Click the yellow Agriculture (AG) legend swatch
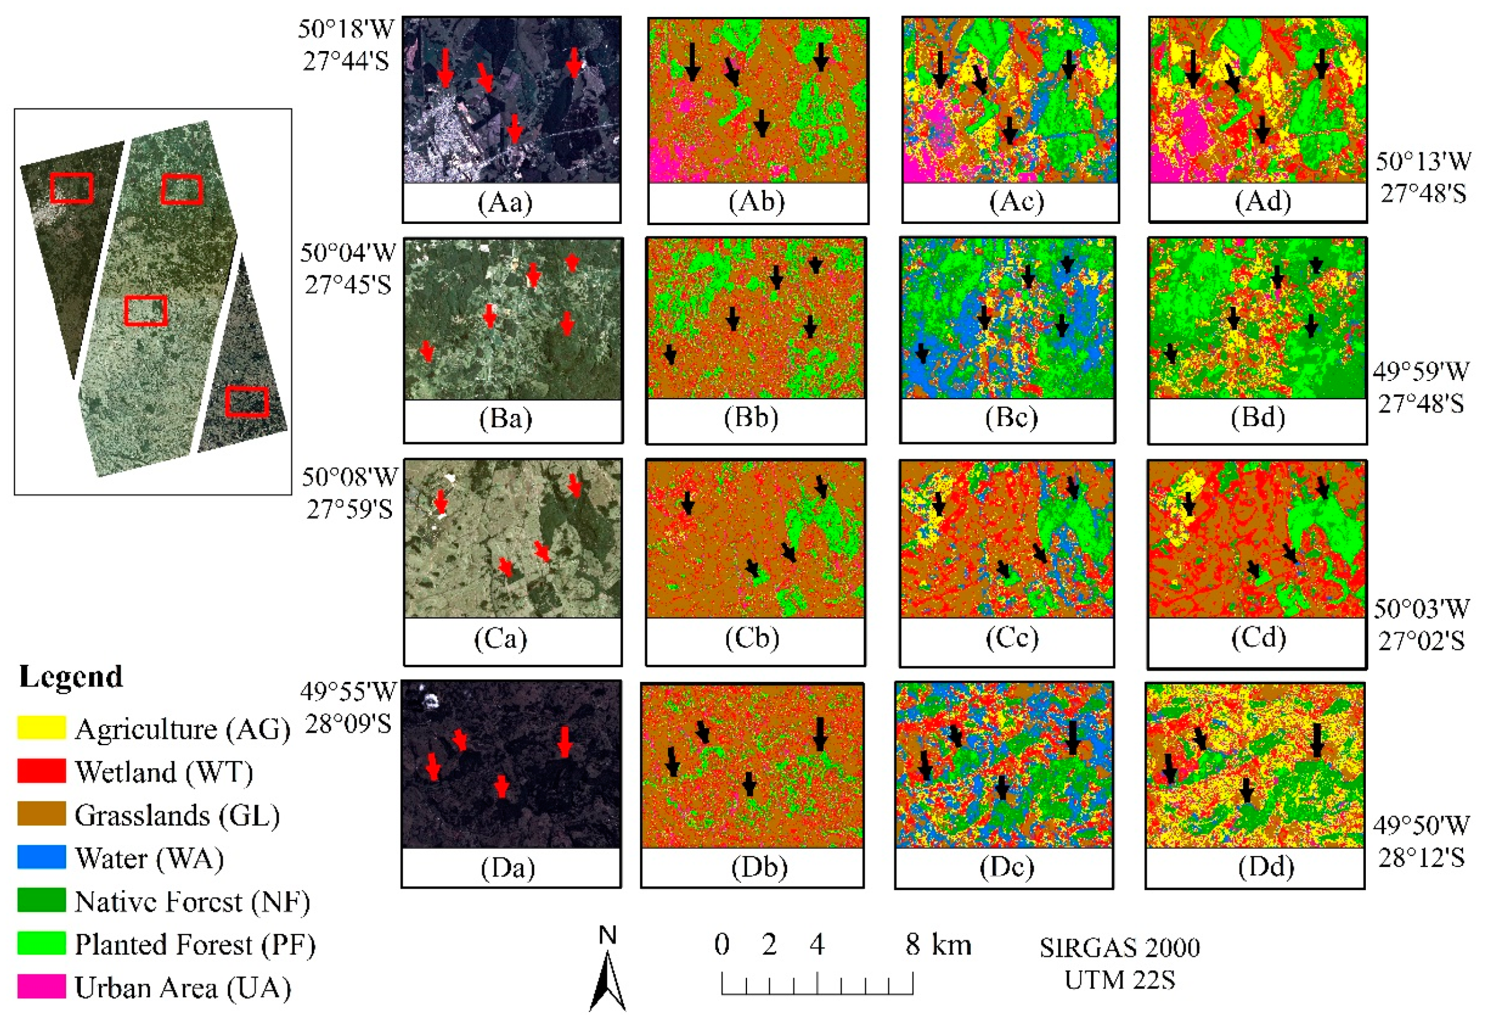tap(41, 728)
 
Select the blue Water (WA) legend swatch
tap(41, 857)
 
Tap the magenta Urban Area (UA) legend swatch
tap(41, 987)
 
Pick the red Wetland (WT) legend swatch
tap(41, 771)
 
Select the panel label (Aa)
tap(505, 202)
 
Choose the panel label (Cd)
tap(1258, 637)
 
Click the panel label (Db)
tap(759, 866)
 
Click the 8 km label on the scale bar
tap(938, 944)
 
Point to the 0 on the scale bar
tap(722, 944)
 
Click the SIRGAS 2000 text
tap(1120, 947)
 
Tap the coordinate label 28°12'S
tap(1420, 857)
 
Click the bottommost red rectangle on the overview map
tap(247, 401)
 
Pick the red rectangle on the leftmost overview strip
tap(71, 188)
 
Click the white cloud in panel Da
tap(429, 698)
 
